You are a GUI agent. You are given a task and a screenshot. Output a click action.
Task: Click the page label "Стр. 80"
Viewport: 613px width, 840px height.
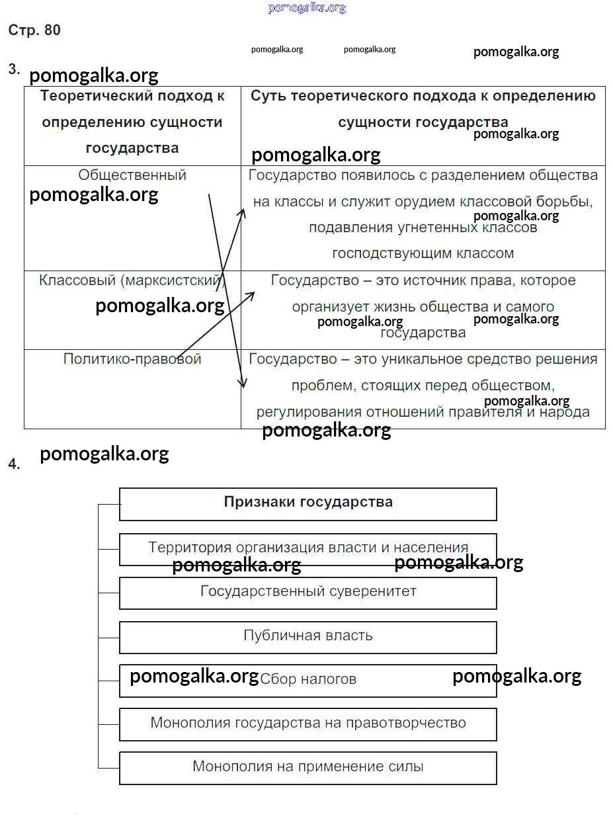tap(34, 30)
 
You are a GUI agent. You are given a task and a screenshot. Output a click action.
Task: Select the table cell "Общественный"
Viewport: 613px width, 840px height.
tap(132, 175)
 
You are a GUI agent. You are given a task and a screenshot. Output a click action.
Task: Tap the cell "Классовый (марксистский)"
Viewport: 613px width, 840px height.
tap(132, 280)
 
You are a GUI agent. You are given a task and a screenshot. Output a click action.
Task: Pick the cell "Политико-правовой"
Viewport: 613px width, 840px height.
tap(132, 359)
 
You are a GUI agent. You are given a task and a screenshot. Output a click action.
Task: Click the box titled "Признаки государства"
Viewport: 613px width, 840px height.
tap(308, 502)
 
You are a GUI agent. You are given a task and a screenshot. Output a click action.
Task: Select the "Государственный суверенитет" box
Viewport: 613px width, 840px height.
tap(308, 591)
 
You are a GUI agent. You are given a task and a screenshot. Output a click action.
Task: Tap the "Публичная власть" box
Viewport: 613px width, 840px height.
tap(308, 636)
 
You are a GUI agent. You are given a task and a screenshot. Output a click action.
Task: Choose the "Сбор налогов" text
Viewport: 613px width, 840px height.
tap(308, 679)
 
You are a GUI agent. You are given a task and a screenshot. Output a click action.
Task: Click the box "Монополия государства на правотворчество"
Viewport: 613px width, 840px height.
tap(308, 723)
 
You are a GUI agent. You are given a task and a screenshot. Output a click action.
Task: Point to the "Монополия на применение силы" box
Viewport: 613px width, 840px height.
tap(308, 767)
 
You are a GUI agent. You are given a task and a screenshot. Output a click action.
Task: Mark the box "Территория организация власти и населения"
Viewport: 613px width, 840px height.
tap(308, 548)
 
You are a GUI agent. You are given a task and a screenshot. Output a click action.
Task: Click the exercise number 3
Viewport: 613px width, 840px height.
tap(14, 69)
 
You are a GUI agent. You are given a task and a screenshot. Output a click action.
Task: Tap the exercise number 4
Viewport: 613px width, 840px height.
tap(14, 464)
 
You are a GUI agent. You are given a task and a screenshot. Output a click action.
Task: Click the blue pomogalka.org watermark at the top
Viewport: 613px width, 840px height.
tap(307, 8)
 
